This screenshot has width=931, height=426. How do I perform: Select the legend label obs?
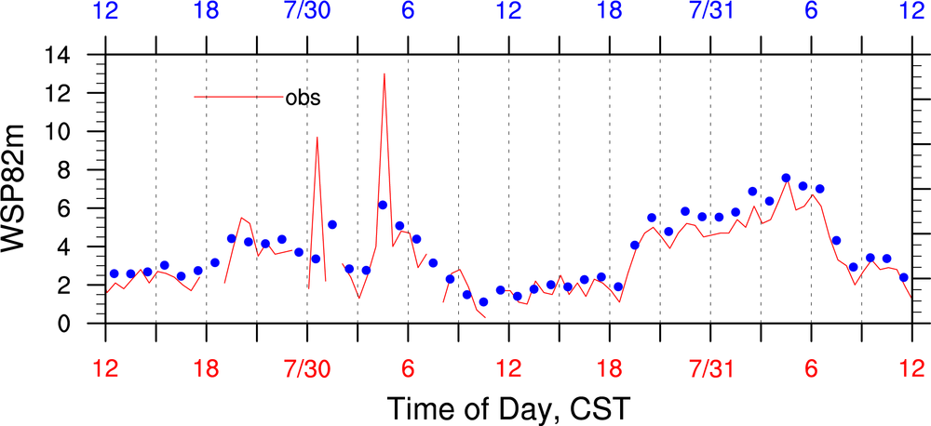click(303, 97)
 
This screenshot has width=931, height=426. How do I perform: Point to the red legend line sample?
click(238, 97)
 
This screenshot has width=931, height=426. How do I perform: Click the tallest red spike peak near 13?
click(384, 73)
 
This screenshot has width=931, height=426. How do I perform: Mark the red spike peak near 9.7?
click(317, 138)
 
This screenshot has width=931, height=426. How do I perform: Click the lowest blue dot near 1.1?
click(483, 302)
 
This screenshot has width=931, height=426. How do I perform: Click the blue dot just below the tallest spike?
click(383, 205)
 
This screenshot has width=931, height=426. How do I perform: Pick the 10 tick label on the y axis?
click(81, 131)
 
